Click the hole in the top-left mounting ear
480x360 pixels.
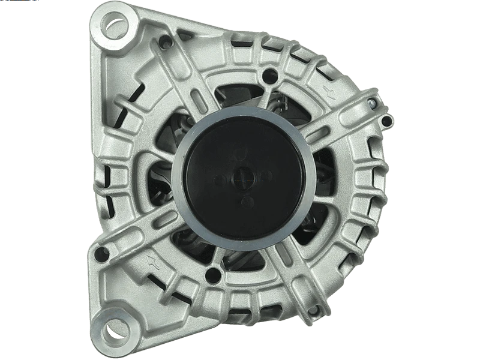tap(115, 25)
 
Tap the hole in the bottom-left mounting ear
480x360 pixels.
tap(112, 328)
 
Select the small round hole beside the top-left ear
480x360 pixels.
tap(165, 43)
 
